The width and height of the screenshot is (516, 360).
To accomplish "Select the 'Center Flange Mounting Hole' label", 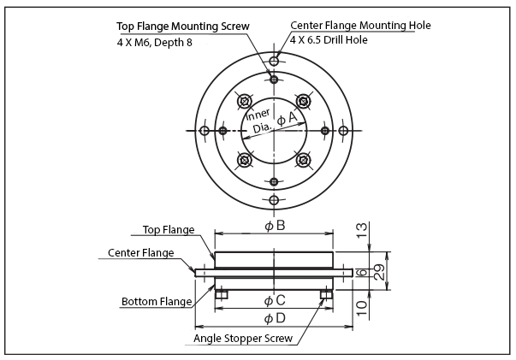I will click(x=360, y=26).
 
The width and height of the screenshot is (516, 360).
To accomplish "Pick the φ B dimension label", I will click(x=274, y=226).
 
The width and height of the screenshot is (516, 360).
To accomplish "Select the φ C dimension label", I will click(x=274, y=300).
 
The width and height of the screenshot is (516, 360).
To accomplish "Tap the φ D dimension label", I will click(x=274, y=318).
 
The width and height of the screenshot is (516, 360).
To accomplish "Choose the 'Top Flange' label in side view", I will click(x=168, y=230).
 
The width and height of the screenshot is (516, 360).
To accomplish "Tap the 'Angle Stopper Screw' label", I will click(x=243, y=339).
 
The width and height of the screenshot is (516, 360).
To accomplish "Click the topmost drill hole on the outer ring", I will click(x=274, y=61).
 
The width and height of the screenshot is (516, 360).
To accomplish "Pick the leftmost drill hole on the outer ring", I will click(x=204, y=130).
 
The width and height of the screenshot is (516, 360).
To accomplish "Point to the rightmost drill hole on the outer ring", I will click(x=343, y=130).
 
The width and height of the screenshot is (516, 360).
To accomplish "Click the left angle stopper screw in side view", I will click(x=222, y=294).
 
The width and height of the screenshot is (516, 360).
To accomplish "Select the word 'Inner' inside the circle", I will click(x=258, y=115).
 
